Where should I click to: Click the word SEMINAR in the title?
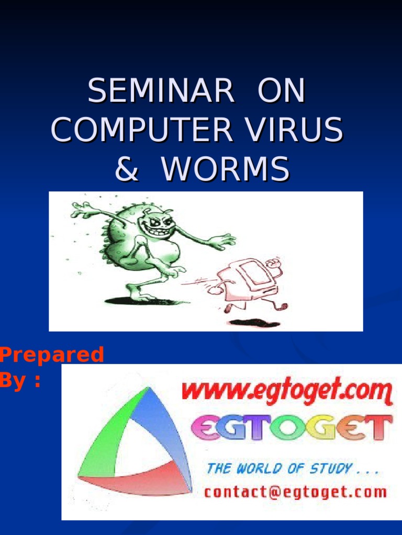tap(161, 91)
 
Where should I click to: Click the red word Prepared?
tap(52, 355)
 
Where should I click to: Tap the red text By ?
tap(20, 381)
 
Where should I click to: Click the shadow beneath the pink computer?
tap(254, 323)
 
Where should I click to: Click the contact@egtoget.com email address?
tap(295, 492)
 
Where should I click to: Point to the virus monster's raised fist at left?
tap(84, 210)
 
